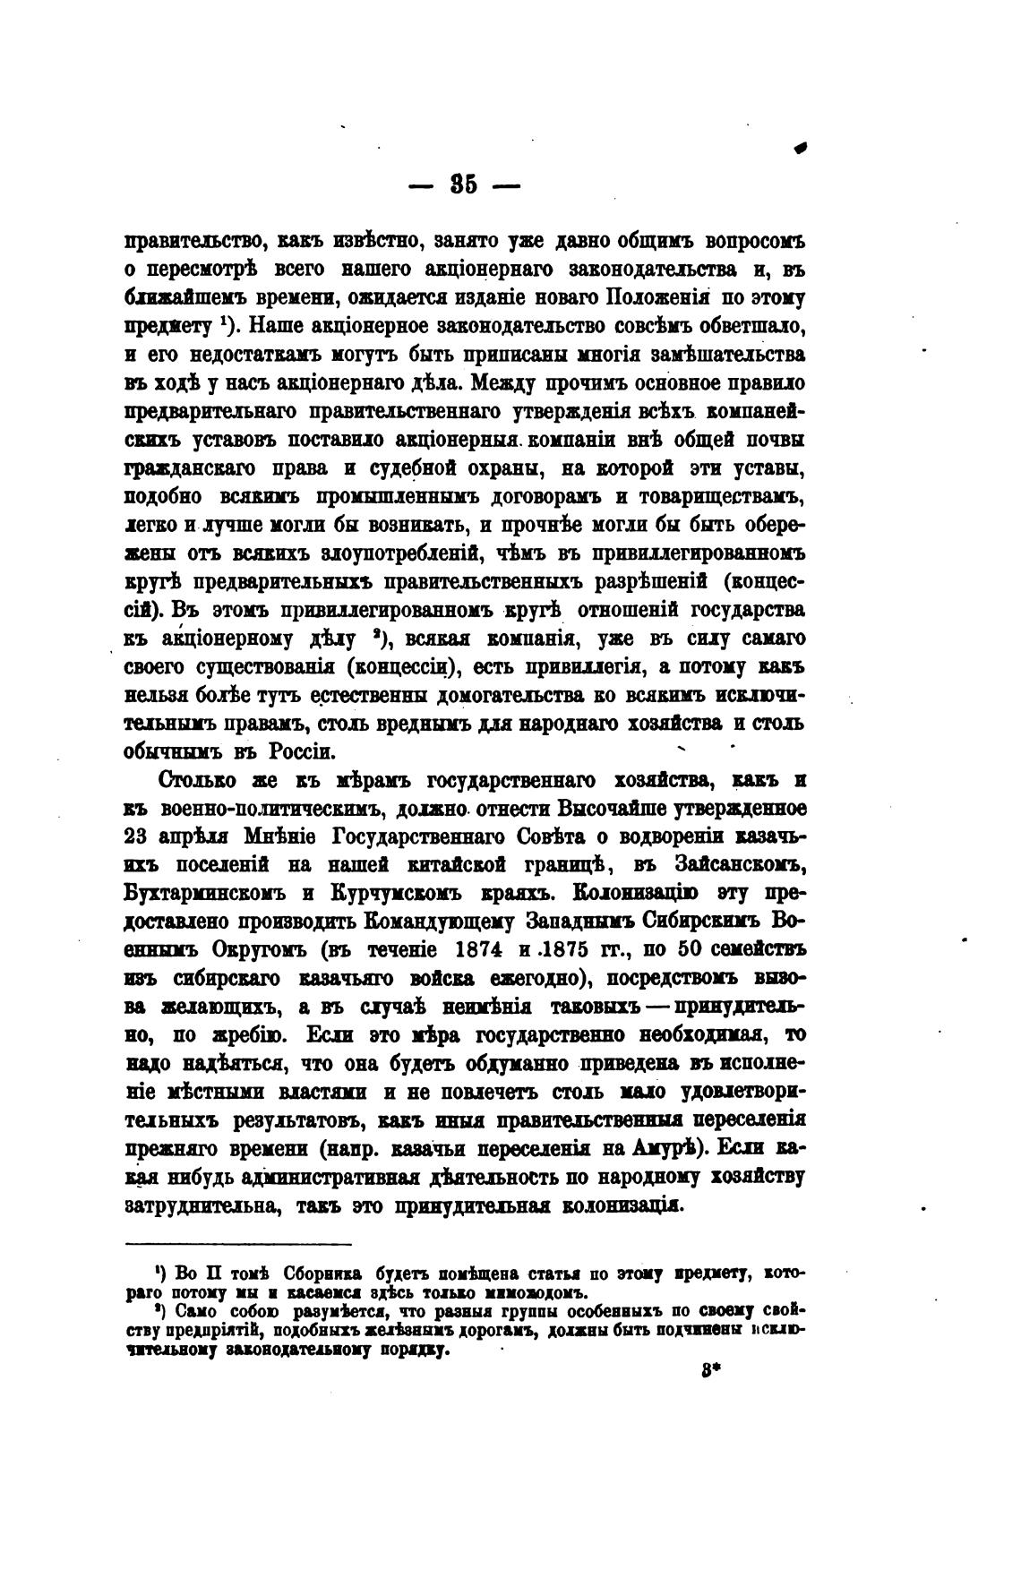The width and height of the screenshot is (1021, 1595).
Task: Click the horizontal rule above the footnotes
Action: pos(238,1244)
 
